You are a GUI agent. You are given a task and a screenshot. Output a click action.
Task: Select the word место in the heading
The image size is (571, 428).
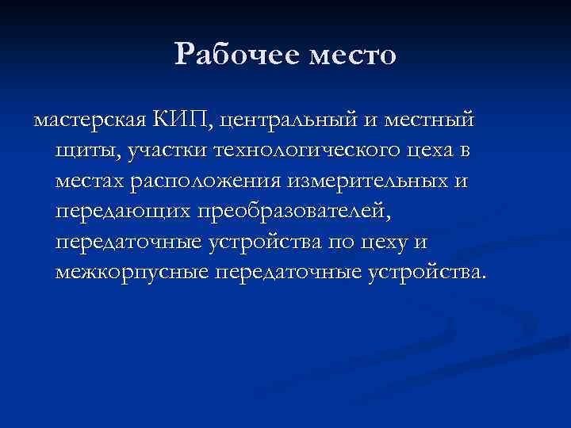tap(351, 56)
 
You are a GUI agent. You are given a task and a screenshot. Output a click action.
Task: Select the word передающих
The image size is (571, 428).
tap(121, 212)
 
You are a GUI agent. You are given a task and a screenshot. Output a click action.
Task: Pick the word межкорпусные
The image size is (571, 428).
tap(130, 273)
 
